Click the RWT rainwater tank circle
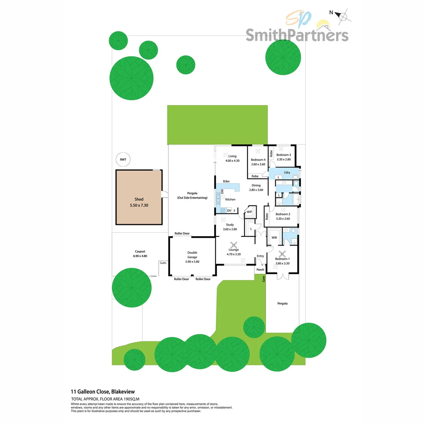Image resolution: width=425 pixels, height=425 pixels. tap(123, 160)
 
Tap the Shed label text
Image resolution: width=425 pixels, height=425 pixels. tap(139, 200)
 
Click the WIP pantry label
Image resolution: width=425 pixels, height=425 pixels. tap(249, 212)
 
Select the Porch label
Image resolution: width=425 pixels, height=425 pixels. tap(260, 270)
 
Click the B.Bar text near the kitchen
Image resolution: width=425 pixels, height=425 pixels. tap(226, 181)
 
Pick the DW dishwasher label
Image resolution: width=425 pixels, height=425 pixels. tap(222, 191)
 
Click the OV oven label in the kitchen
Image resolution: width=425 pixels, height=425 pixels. tap(229, 211)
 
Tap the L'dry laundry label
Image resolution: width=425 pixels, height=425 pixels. tap(287, 172)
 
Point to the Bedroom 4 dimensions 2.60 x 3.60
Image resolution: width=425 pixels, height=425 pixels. tap(258, 164)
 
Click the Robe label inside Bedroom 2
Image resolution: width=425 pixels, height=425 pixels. tap(267, 216)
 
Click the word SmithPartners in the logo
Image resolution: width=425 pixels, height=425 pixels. tap(297, 35)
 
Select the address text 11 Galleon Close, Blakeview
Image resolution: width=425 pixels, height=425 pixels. tap(103, 392)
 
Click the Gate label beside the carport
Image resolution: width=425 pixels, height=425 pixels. tap(163, 262)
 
